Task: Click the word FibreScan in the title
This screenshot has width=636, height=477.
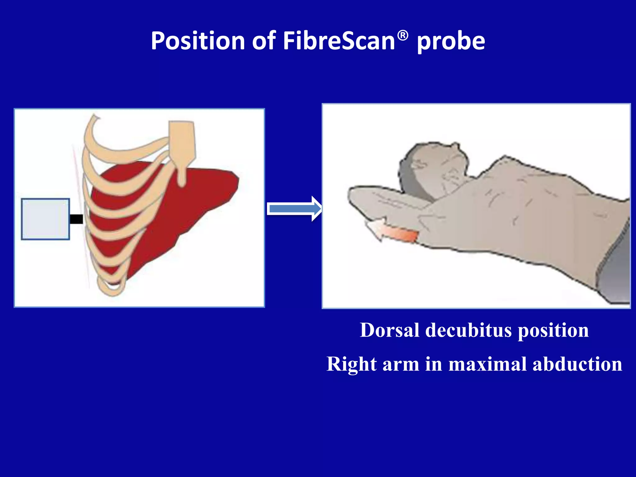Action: click(x=339, y=41)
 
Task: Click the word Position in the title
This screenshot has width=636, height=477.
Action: click(x=198, y=41)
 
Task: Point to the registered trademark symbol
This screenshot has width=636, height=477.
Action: click(x=403, y=36)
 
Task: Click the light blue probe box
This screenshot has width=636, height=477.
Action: click(x=45, y=219)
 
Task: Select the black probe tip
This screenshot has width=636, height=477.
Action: click(x=76, y=219)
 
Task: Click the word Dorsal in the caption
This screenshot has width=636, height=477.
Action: click(x=389, y=330)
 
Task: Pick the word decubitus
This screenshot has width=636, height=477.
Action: click(x=468, y=330)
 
